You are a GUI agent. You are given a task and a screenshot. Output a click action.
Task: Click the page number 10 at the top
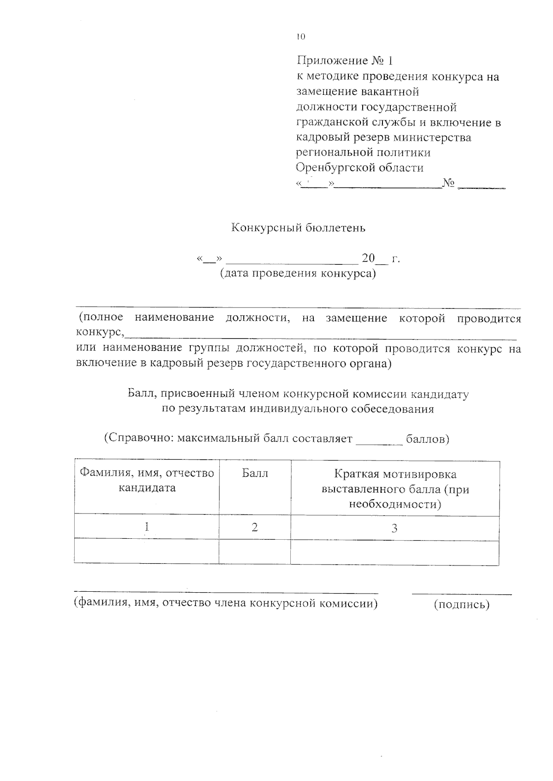tap(301, 37)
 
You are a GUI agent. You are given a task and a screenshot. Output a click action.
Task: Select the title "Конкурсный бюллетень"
tap(298, 227)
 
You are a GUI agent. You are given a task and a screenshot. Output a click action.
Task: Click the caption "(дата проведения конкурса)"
tap(298, 274)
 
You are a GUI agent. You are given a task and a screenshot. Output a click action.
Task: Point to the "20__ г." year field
tap(381, 259)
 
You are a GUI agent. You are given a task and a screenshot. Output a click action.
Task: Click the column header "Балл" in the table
tap(255, 473)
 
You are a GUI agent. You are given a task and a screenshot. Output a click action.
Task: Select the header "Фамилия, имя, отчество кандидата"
tap(147, 480)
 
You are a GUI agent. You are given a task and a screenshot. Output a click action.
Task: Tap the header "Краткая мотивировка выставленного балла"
tap(395, 489)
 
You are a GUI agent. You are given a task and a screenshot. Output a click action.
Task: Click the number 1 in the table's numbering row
tap(147, 527)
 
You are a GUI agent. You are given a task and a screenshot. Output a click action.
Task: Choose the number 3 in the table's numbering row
tap(394, 528)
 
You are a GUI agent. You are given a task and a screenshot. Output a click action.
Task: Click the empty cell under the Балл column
tap(254, 552)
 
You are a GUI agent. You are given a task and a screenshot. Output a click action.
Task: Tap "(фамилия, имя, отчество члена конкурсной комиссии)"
tap(226, 603)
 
